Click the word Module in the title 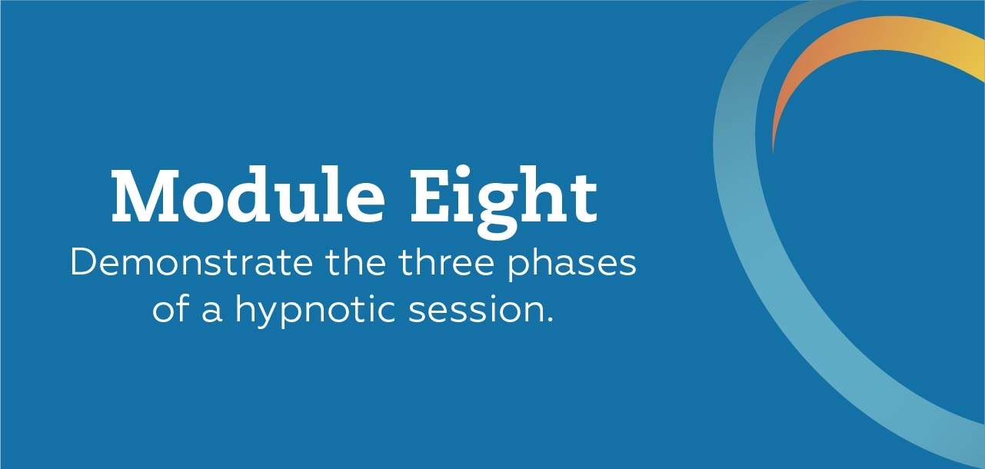coord(248,195)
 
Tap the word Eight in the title coord(504,203)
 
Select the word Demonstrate coord(191,263)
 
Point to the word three coord(446,263)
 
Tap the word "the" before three coord(356,263)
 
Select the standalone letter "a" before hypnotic coord(212,313)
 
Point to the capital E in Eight coord(431,196)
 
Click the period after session coord(549,321)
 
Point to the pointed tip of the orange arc coord(774,153)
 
